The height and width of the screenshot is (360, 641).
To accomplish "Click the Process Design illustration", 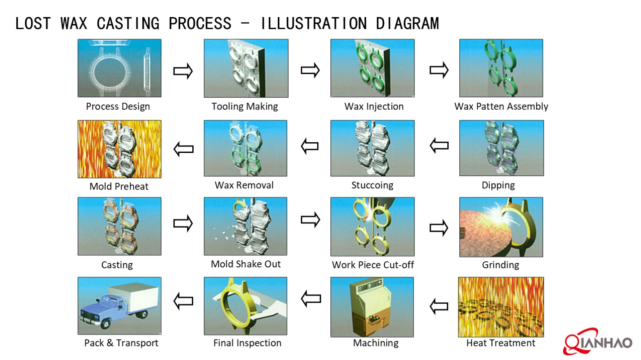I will click(x=119, y=68).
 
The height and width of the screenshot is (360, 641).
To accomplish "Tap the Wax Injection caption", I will click(x=374, y=106).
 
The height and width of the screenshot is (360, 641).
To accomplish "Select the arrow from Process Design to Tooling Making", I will click(x=183, y=71).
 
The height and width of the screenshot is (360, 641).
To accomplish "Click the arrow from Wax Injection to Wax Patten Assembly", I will click(x=439, y=70).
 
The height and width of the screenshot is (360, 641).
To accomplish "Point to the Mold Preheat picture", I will click(x=119, y=149).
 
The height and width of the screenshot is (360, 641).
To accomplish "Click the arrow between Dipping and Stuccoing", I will click(x=439, y=146).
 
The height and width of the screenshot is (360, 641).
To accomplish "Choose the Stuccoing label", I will click(x=372, y=185).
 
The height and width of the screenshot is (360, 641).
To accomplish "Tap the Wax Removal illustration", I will click(x=245, y=148).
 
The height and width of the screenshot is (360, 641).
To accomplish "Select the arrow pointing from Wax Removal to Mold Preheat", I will click(x=184, y=149).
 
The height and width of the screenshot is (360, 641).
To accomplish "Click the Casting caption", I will click(x=117, y=265).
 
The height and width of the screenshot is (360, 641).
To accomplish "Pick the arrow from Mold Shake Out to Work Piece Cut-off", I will click(x=310, y=220).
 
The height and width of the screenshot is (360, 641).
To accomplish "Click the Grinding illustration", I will click(x=501, y=227).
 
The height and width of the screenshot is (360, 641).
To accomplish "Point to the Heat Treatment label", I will click(x=500, y=343).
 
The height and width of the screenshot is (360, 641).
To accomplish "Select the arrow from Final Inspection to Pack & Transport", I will click(x=183, y=301).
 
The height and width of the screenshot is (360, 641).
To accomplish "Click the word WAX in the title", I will click(x=74, y=23).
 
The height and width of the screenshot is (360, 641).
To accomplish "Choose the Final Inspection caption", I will click(x=247, y=343).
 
